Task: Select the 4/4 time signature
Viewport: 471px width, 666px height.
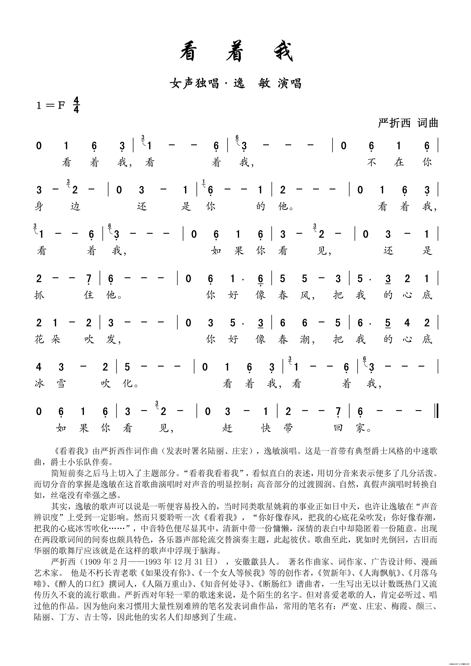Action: [76, 105]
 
